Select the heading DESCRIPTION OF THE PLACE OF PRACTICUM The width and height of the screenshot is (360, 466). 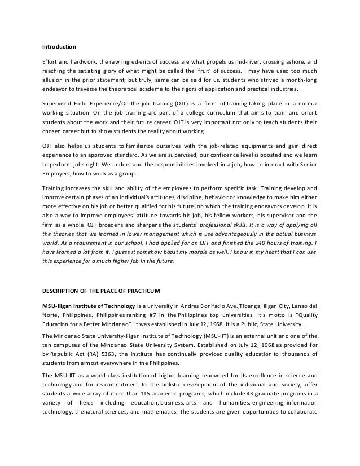coord(102,291)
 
